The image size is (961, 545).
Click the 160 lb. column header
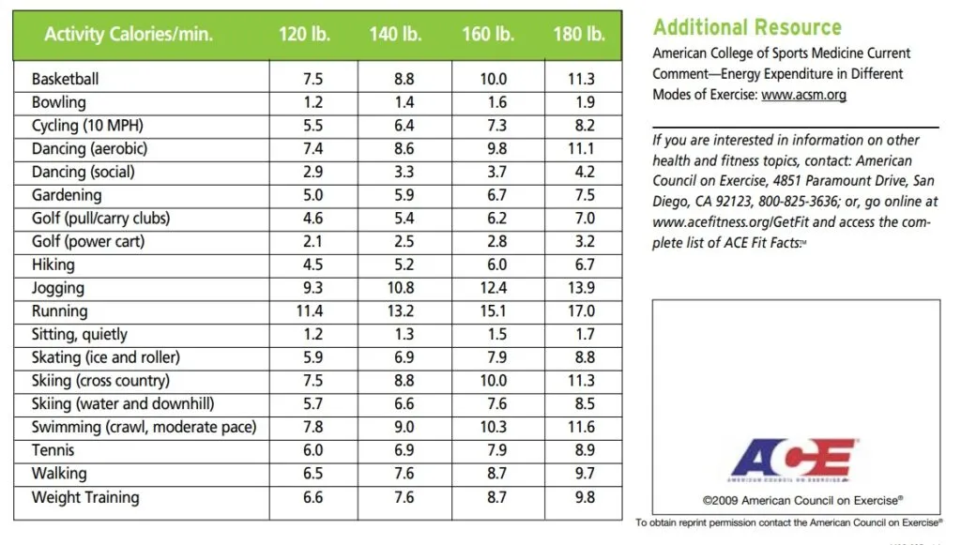click(x=488, y=36)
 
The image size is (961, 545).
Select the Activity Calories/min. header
click(x=129, y=36)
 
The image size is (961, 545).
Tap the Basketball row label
click(x=65, y=79)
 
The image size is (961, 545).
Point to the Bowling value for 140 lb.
click(x=404, y=102)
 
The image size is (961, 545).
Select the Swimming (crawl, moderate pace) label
click(x=144, y=427)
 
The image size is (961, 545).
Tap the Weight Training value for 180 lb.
click(x=584, y=497)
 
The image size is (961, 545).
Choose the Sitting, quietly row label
click(x=80, y=334)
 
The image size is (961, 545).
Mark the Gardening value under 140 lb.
click(x=404, y=195)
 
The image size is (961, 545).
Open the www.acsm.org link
click(x=804, y=95)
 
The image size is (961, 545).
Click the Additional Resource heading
click(x=747, y=27)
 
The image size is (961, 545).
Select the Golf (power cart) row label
click(x=88, y=241)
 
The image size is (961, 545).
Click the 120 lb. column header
click(x=304, y=36)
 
